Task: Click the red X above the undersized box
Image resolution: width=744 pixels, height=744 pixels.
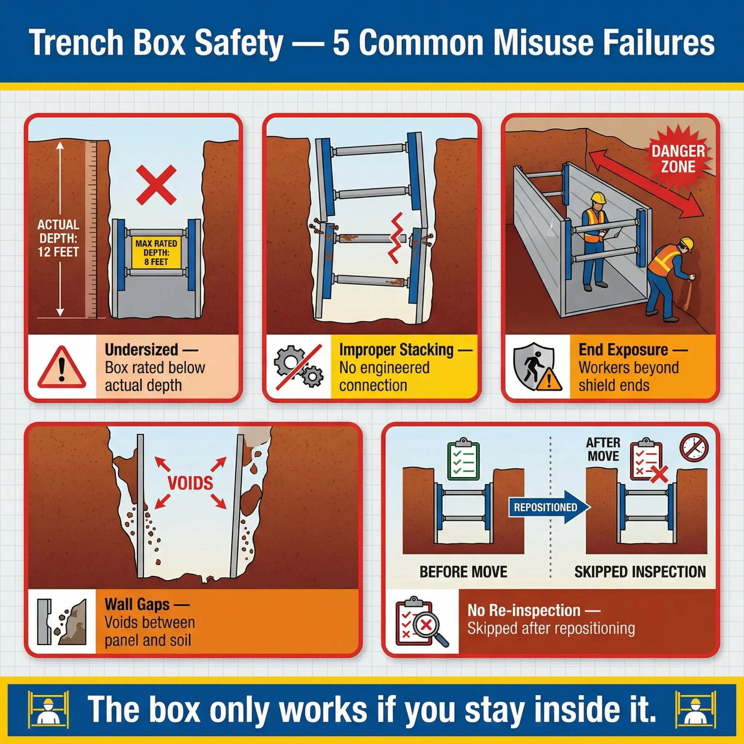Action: (x=156, y=185)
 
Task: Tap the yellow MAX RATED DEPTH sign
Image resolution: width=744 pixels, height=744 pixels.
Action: (x=156, y=252)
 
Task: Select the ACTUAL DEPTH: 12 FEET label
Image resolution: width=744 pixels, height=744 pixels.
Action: (x=58, y=238)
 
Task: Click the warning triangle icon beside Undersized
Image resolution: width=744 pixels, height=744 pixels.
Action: (x=62, y=367)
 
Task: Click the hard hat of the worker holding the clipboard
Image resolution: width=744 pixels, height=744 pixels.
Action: (x=598, y=198)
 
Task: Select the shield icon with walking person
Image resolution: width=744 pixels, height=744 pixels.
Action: (x=538, y=367)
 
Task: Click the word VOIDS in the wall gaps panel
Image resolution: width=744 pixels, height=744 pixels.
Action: (x=190, y=483)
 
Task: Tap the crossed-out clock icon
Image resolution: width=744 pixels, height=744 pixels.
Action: (x=694, y=448)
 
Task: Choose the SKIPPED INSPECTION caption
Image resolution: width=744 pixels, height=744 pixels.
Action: (x=640, y=572)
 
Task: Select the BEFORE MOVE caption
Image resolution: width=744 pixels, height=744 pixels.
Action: (x=463, y=572)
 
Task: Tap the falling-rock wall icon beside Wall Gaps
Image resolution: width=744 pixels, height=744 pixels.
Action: (x=62, y=622)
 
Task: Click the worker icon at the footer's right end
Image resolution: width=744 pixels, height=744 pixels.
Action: (x=695, y=708)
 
